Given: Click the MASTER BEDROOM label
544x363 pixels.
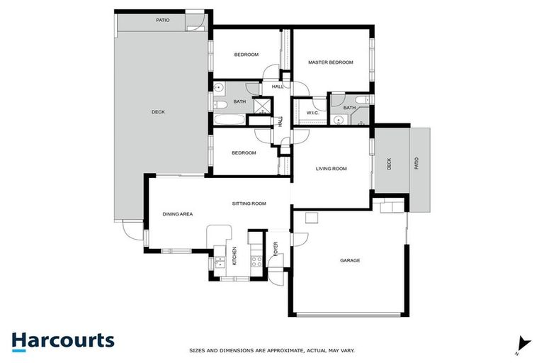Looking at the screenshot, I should pos(330,62).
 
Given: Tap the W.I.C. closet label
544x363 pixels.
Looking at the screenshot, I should pos(313,113).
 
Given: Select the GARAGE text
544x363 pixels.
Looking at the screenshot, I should pos(350,260).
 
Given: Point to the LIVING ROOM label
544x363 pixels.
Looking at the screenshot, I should pos(331,168).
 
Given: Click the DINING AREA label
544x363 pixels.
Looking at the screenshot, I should pos(178,213).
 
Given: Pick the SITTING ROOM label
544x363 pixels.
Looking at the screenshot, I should pos(249,203).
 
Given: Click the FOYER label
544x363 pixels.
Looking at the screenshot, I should pos(276,250).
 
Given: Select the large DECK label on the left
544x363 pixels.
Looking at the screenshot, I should pos(158,111).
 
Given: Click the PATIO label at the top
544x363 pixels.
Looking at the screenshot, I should pos(162,20).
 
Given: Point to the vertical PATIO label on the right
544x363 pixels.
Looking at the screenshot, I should pos(416,163).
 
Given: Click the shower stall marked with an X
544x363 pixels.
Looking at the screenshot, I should pos(261,107).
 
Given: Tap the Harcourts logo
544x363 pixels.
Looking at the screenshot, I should pos(62,340).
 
